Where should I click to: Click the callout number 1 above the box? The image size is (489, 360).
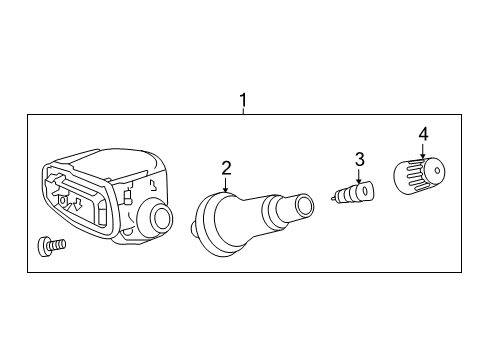click(242, 100)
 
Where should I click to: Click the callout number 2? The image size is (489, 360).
click(226, 168)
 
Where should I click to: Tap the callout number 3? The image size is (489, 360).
click(360, 160)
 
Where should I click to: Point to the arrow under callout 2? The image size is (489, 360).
click(227, 185)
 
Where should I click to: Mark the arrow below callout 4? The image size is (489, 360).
click(422, 152)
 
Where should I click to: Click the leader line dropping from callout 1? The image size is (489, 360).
click(242, 113)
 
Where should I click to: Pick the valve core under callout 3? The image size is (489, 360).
click(353, 191)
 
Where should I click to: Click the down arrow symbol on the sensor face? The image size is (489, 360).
click(74, 204)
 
